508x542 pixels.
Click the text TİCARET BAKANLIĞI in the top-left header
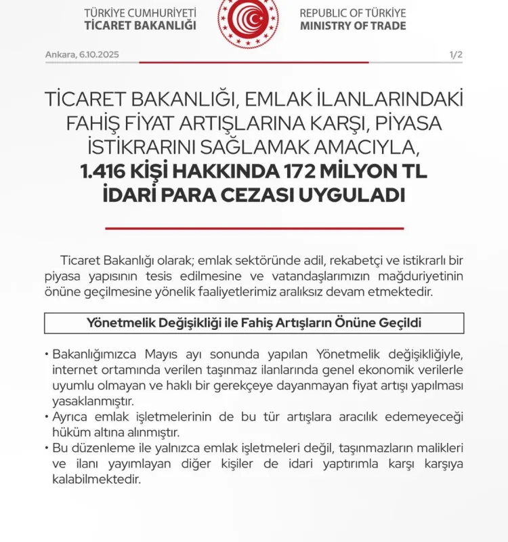pyautogui.click(x=140, y=26)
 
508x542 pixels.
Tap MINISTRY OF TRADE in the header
pyautogui.click(x=353, y=26)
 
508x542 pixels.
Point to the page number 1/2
pyautogui.click(x=456, y=54)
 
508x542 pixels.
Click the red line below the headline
pyautogui.click(x=254, y=228)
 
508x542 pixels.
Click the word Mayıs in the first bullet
pyautogui.click(x=163, y=355)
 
